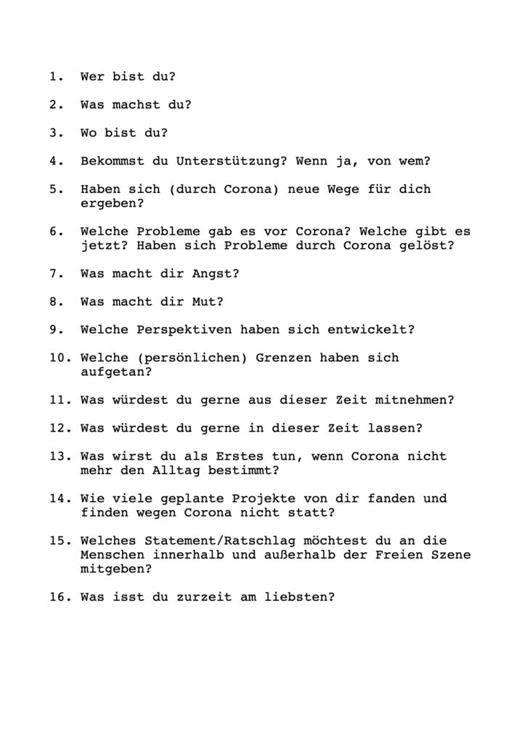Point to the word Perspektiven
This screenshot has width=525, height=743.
184,330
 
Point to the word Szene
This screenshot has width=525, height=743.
450,555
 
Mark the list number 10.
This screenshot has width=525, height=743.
59,358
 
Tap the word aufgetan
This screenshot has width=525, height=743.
109,372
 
